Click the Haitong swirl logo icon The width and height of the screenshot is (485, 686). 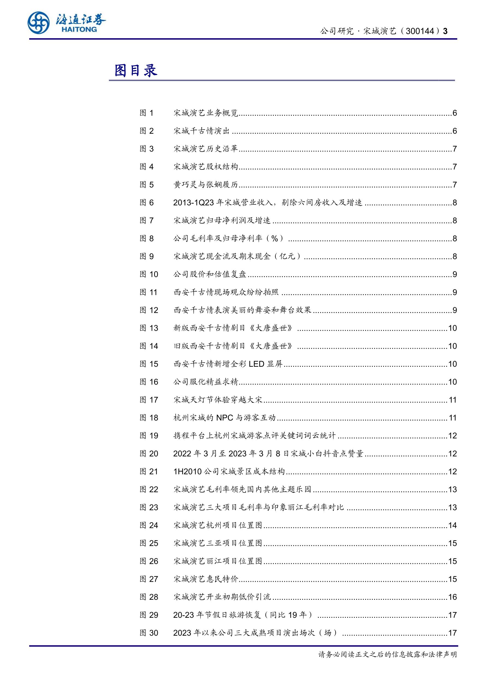pos(38,23)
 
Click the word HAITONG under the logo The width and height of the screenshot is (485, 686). pos(79,29)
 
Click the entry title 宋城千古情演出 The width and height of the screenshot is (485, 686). pos(201,131)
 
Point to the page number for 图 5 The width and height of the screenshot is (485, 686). pos(454,185)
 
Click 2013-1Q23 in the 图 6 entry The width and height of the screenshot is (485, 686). pos(194,202)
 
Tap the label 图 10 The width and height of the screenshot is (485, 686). pos(148,274)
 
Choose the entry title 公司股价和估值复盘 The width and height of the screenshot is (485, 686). pos(210,274)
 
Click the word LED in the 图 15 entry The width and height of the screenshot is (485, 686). pos(256,364)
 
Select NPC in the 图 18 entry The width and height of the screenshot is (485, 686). pos(224,418)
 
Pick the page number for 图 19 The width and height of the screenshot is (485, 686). pos(452,436)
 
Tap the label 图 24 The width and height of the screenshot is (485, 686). pos(148,525)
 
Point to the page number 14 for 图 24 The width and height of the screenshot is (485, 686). pos(452,525)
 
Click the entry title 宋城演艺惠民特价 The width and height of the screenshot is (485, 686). pos(206,579)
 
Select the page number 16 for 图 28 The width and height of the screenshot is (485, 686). pos(452,597)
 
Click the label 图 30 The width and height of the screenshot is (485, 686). pos(148,633)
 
